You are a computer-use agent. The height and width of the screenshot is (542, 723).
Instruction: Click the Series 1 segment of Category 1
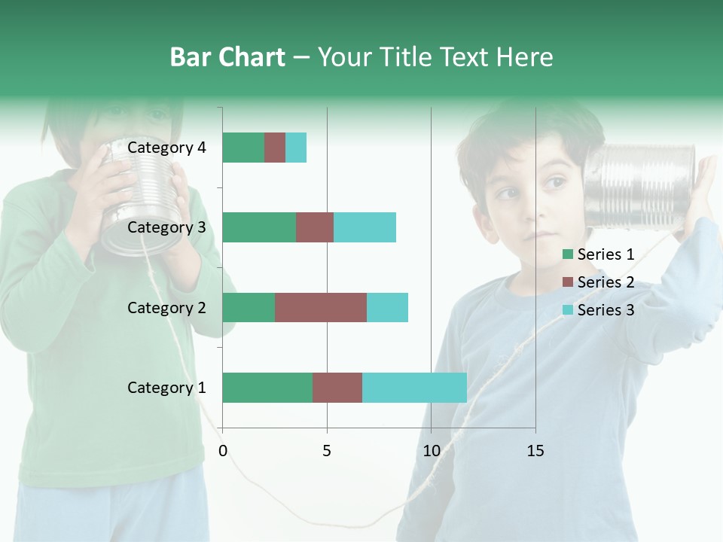(267, 388)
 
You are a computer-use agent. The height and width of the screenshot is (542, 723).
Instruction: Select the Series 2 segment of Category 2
(321, 307)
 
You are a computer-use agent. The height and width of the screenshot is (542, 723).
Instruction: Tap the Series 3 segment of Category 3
(365, 227)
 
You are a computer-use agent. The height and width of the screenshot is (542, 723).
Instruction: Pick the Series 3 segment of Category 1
(414, 388)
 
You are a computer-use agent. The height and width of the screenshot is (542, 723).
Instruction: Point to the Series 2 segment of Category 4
(275, 148)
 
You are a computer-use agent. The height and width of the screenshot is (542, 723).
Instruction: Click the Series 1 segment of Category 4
(243, 148)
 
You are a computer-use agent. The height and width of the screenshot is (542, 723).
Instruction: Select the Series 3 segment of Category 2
(387, 307)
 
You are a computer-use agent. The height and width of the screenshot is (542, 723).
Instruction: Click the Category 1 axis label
(166, 388)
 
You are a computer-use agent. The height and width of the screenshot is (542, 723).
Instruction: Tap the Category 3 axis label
(166, 227)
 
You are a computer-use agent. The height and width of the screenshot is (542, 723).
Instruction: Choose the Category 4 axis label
(166, 148)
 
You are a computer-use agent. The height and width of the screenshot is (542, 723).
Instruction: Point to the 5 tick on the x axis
(327, 451)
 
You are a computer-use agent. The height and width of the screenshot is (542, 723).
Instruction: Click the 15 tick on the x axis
(535, 451)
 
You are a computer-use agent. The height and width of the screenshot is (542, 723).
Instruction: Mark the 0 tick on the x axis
(223, 451)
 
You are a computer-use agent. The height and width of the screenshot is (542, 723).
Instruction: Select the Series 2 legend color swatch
(568, 282)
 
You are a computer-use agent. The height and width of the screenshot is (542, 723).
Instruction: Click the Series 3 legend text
(606, 310)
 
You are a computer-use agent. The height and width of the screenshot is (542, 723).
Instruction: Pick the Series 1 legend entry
(599, 254)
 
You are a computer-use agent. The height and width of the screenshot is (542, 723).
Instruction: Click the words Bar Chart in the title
(227, 57)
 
